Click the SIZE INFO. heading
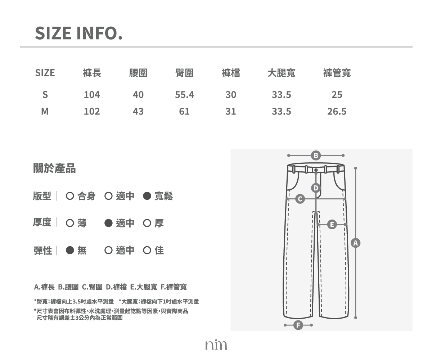[79, 33]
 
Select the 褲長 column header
[92, 73]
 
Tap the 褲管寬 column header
[337, 73]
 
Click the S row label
[45, 95]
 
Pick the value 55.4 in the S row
[184, 95]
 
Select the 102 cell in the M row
[92, 111]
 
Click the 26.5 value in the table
[337, 111]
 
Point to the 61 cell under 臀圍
[184, 111]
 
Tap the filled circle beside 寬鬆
[147, 196]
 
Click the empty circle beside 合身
[70, 196]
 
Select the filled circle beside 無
[70, 250]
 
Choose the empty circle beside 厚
[147, 223]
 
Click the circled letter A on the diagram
[356, 243]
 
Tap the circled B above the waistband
[316, 156]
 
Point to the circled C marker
[300, 199]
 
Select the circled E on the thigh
[332, 225]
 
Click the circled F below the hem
[298, 325]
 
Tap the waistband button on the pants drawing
[316, 170]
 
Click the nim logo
[216, 345]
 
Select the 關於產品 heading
[54, 168]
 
